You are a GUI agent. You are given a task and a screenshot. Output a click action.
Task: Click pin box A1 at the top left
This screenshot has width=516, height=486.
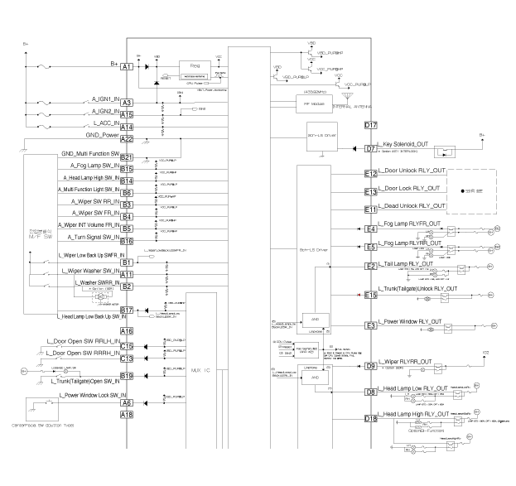pyautogui.click(x=127, y=65)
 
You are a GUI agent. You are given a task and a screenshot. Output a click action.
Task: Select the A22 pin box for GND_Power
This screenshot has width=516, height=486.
pyautogui.click(x=127, y=140)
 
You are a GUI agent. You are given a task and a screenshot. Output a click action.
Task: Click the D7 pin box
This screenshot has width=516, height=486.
pyautogui.click(x=372, y=149)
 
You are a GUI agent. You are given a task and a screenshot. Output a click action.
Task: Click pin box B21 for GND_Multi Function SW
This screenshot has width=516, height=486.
pyautogui.click(x=127, y=157)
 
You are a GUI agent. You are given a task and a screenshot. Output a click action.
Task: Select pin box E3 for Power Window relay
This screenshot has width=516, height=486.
pyautogui.click(x=372, y=326)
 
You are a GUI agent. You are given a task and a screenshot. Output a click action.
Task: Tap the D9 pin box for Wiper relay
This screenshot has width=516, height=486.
pyautogui.click(x=372, y=366)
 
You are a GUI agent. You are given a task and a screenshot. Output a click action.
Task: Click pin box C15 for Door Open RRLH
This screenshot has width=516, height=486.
pyautogui.click(x=127, y=347)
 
